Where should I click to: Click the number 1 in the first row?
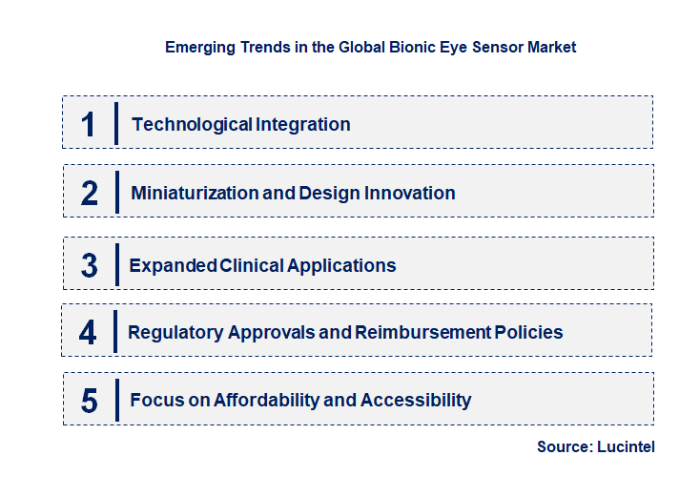click(x=89, y=124)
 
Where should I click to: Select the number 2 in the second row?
click(x=90, y=193)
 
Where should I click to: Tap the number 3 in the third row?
click(x=90, y=265)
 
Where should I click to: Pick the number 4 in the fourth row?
click(x=89, y=333)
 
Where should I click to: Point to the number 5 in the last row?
click(x=90, y=401)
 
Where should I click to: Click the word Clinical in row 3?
click(x=255, y=265)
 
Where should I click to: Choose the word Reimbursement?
click(x=422, y=333)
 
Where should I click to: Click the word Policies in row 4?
click(x=528, y=333)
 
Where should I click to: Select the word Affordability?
click(x=267, y=400)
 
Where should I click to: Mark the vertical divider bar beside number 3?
click(x=115, y=264)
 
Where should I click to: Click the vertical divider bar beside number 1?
click(x=115, y=123)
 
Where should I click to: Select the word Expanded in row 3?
click(x=173, y=265)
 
